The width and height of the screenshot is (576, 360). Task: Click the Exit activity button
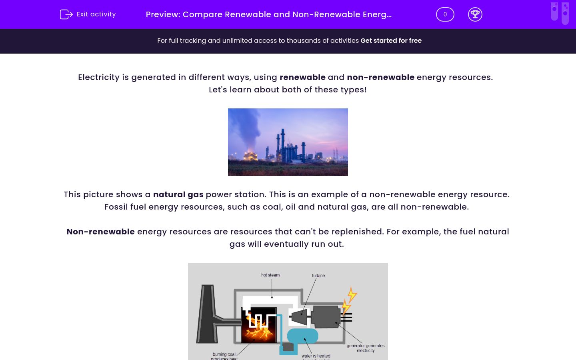(88, 14)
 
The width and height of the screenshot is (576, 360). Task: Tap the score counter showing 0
(445, 14)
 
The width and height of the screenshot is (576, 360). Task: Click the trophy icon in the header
(475, 14)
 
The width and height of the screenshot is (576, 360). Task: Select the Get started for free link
(391, 41)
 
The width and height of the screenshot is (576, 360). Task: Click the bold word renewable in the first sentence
(302, 77)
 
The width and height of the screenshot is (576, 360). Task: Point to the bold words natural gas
(178, 194)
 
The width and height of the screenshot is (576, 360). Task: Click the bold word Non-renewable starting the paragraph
(100, 232)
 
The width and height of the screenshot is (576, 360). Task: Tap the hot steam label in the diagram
(270, 275)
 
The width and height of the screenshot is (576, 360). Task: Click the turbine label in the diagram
(318, 276)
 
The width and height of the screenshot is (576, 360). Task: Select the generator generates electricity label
(366, 348)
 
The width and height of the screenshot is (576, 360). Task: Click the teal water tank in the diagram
(303, 336)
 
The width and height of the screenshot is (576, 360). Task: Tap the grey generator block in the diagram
(326, 317)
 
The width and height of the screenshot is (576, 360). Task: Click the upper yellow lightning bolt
(352, 294)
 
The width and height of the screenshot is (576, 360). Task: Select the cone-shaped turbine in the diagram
(300, 317)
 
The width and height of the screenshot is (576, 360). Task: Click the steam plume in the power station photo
(245, 128)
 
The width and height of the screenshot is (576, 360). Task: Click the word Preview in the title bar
(163, 14)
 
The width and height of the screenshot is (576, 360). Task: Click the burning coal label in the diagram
(224, 354)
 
